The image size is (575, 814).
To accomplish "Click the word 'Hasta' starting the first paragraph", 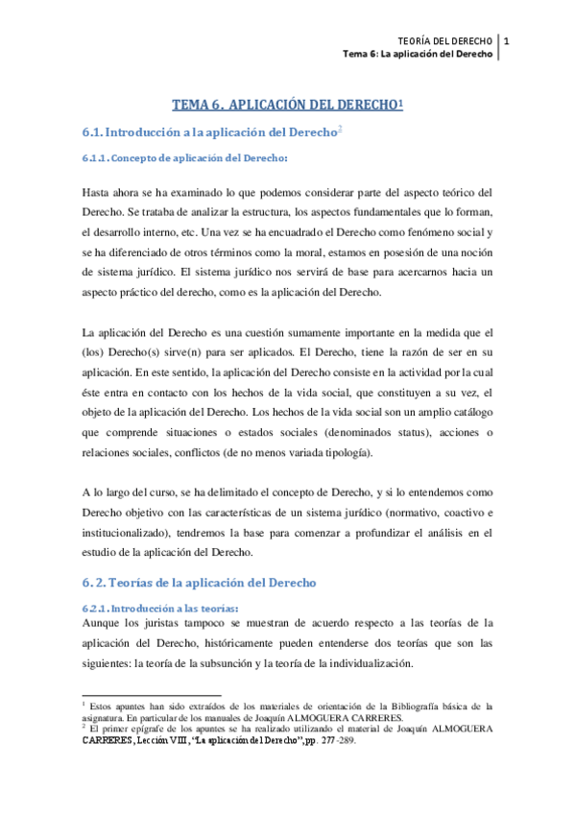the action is (97, 191).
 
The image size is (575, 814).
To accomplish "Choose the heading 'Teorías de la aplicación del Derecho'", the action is (217, 582).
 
